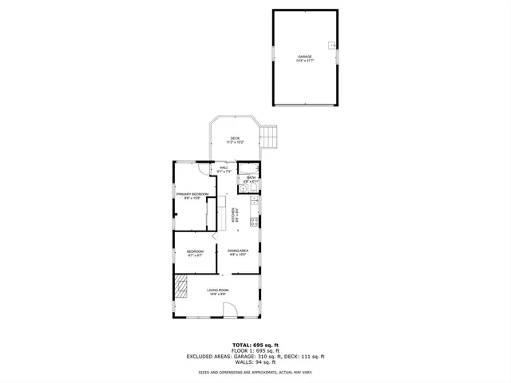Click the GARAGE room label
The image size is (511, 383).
(x=305, y=57)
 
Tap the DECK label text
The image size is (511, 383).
(x=235, y=139)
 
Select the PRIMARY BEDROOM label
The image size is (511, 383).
(x=192, y=194)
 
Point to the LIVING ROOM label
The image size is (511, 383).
(x=218, y=290)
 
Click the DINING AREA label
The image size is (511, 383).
(x=239, y=251)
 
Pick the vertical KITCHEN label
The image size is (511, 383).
(x=234, y=215)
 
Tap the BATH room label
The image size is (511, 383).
(x=251, y=177)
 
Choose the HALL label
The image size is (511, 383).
(x=224, y=168)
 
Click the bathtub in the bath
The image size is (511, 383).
(x=249, y=168)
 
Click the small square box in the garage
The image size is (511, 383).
(x=331, y=43)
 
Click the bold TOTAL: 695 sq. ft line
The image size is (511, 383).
(x=255, y=345)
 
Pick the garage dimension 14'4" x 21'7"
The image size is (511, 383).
(x=305, y=61)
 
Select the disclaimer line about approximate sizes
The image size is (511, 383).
(x=255, y=372)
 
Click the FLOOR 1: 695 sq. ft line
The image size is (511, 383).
(x=255, y=350)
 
